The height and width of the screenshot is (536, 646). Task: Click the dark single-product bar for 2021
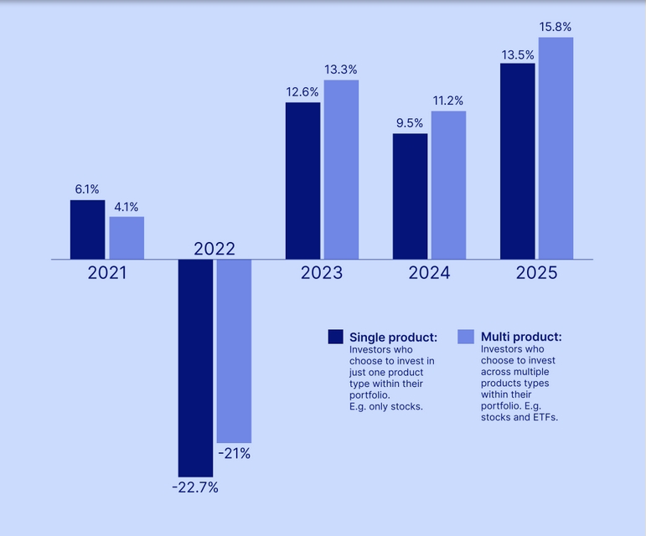(87, 229)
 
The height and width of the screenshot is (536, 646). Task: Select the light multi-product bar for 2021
(127, 238)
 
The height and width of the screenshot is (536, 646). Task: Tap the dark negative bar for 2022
(195, 368)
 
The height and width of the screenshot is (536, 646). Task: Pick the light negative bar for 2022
(234, 351)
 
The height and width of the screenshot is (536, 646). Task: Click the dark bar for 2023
(302, 181)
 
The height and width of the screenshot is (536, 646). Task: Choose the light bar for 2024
(448, 185)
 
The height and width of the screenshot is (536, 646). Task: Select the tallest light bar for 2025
(556, 148)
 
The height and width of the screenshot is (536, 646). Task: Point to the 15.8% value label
(556, 28)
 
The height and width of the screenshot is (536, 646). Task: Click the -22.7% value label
(195, 487)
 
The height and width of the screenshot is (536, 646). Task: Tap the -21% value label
(234, 454)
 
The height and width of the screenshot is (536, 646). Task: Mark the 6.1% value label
(87, 189)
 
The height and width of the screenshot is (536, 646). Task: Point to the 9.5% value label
(410, 123)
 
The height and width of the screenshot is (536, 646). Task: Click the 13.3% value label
(341, 70)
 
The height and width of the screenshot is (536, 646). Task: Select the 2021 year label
(106, 273)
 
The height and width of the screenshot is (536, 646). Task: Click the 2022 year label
(214, 249)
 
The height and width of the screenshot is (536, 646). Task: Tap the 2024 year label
(429, 273)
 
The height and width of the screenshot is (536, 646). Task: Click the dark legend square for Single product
(336, 337)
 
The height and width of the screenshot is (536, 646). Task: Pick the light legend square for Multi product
(466, 337)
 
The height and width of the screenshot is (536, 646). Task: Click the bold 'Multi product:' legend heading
(520, 337)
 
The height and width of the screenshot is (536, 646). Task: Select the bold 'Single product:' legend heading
(393, 337)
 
